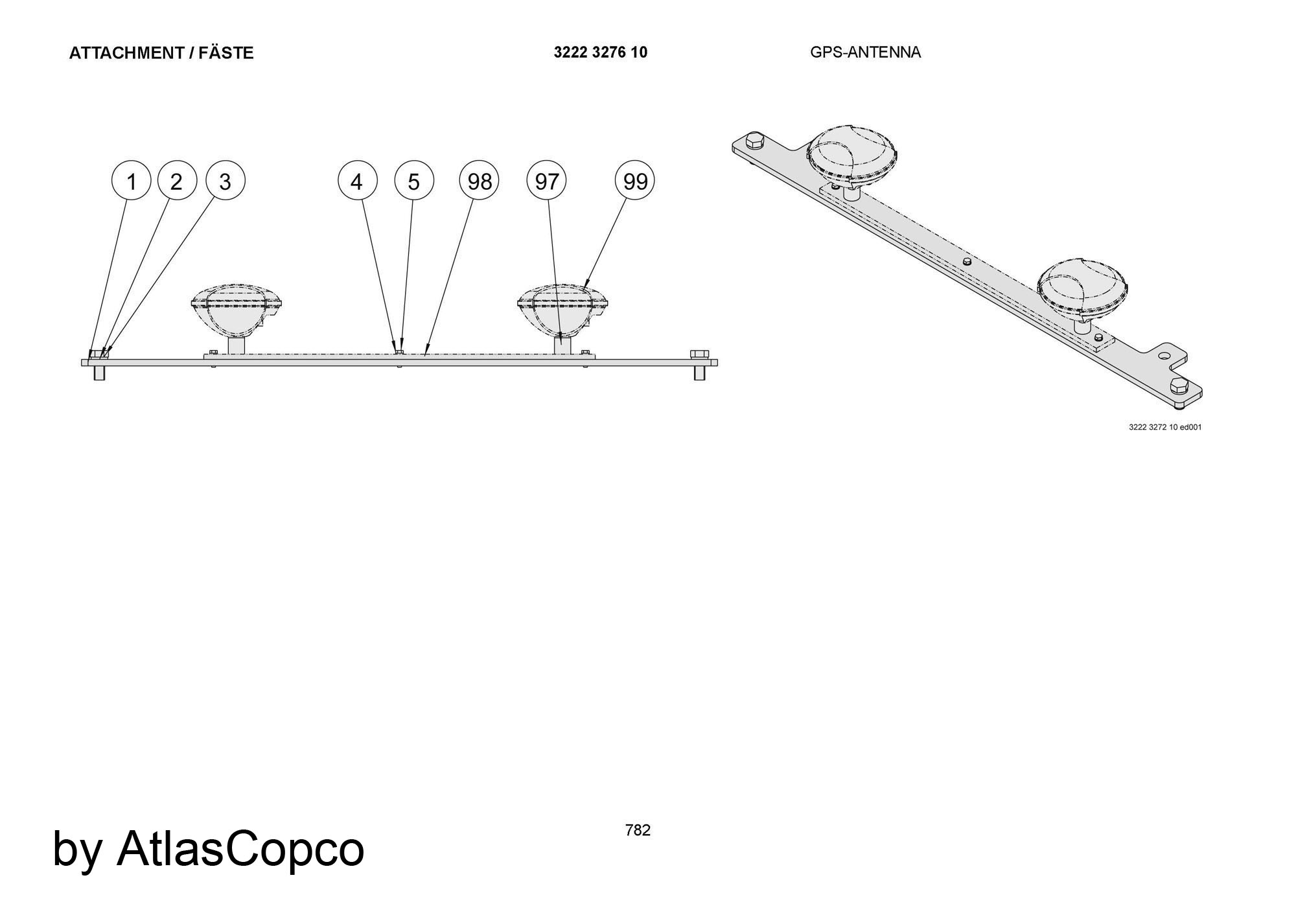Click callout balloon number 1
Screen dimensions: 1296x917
click(132, 181)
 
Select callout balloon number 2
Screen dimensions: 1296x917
click(177, 181)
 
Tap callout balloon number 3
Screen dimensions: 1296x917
click(226, 181)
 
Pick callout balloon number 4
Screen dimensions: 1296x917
click(357, 181)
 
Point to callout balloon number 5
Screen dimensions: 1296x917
click(414, 181)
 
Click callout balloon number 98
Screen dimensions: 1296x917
click(480, 181)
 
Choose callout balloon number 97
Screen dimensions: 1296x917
click(547, 181)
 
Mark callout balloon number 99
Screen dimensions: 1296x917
click(635, 181)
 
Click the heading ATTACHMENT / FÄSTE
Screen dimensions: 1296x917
click(161, 53)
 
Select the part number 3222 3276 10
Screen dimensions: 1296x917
click(601, 52)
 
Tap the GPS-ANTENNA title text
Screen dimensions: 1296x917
click(865, 52)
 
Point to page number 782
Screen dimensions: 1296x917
click(638, 830)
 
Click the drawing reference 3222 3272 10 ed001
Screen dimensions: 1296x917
click(1165, 427)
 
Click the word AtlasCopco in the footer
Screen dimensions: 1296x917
click(240, 848)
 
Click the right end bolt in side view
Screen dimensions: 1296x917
click(699, 365)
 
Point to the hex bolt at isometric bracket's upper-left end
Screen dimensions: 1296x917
click(754, 141)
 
